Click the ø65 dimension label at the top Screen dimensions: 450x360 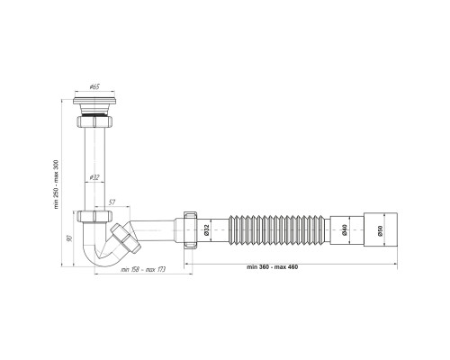[x=94, y=87]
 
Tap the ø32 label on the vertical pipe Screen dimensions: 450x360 [x=94, y=177]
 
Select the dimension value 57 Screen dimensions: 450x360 [x=112, y=202]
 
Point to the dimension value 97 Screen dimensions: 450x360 [x=69, y=238]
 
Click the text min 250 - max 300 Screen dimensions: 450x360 [x=56, y=184]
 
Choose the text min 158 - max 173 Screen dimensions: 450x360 [x=143, y=269]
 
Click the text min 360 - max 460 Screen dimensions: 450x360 [x=273, y=267]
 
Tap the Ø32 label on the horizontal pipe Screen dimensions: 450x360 [x=206, y=229]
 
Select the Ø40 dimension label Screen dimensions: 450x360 [x=344, y=229]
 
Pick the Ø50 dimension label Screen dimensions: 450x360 [x=380, y=229]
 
